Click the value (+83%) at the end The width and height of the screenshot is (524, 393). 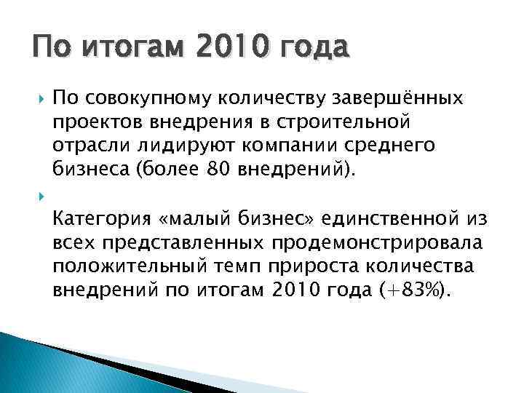coord(412,290)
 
